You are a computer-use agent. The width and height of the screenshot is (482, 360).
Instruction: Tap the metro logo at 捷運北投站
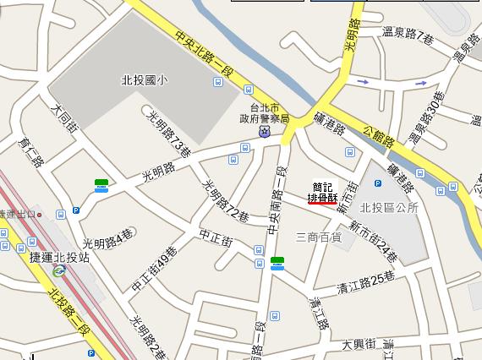coord(58,271)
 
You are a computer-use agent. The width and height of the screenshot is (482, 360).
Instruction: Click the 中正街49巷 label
coord(155,270)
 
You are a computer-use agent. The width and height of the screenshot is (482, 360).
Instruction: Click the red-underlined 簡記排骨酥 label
coord(322,192)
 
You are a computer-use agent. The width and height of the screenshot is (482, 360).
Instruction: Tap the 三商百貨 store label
coord(318,237)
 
